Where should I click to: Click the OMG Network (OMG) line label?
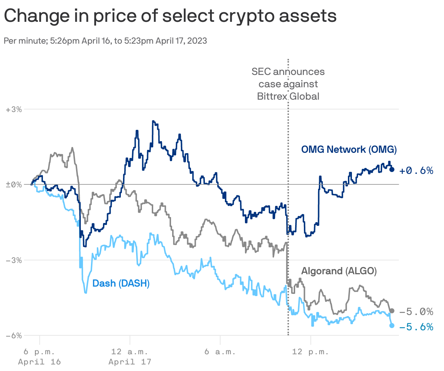click(349, 149)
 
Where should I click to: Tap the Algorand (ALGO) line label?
click(339, 271)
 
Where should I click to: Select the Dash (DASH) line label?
click(121, 283)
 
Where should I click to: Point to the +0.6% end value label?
click(416, 171)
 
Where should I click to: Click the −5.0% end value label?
click(416, 312)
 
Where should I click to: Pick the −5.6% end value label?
click(416, 327)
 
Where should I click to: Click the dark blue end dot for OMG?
click(392, 169)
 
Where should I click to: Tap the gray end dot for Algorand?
click(392, 311)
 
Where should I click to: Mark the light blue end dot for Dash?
click(392, 326)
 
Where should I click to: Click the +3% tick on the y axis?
click(14, 109)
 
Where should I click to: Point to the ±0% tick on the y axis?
click(14, 185)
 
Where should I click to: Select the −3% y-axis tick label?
click(14, 260)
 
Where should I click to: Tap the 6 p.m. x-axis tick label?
click(39, 352)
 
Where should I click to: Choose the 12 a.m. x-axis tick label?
click(130, 352)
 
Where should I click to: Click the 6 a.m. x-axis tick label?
click(220, 352)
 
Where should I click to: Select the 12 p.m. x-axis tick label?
click(310, 352)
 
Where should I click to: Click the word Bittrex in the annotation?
click(272, 96)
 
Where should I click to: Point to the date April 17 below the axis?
click(130, 362)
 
